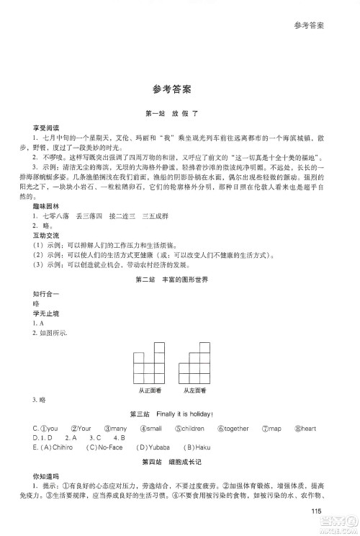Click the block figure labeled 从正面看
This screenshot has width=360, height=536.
(149, 367)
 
